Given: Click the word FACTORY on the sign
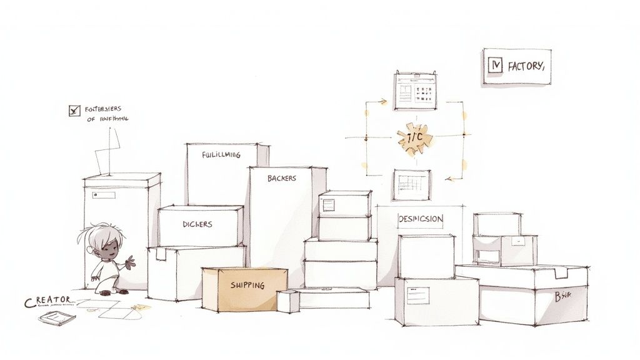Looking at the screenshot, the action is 526,66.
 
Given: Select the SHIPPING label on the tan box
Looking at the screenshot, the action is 247,286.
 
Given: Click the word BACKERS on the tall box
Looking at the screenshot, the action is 282,178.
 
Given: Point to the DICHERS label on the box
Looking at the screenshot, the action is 197,224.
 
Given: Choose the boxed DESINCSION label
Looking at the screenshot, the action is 421,219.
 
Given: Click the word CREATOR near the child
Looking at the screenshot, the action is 49,302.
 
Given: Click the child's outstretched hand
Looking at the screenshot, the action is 130,260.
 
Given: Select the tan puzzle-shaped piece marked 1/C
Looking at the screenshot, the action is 414,138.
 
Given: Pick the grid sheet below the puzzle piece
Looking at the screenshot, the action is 412,184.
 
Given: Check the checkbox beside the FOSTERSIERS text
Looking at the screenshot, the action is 74,111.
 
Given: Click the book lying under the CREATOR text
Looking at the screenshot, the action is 56,317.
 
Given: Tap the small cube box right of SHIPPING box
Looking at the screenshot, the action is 287,301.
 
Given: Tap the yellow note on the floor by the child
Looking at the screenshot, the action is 142,307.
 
